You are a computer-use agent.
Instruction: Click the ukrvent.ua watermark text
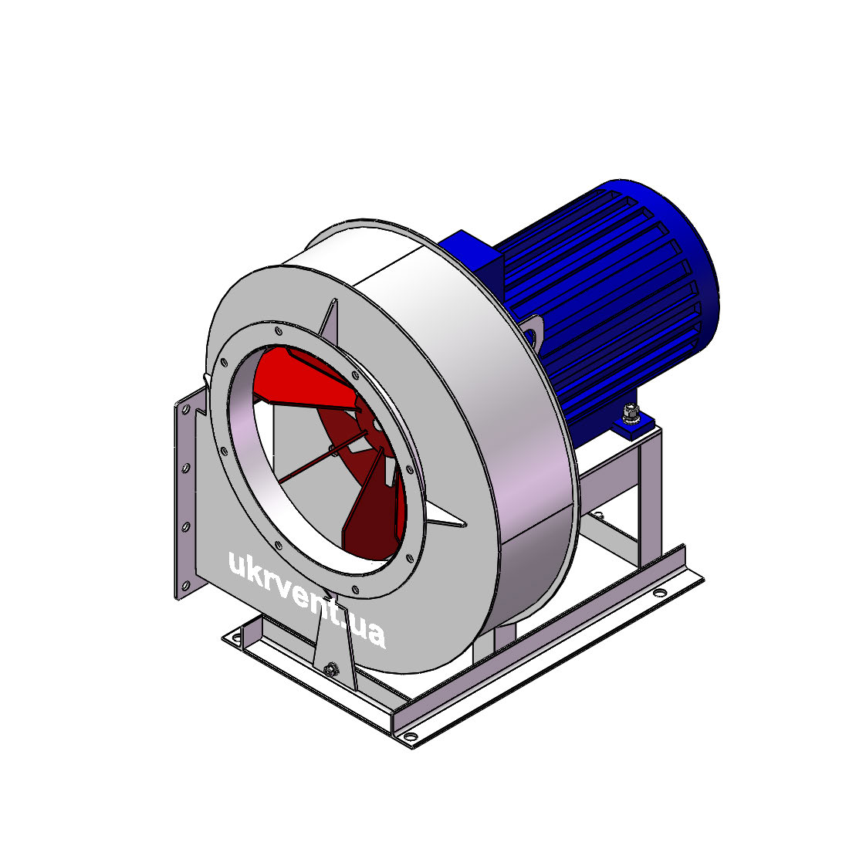pos(307,600)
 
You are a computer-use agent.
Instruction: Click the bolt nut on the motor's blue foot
pos(631,412)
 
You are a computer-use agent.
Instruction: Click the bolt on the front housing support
pos(331,669)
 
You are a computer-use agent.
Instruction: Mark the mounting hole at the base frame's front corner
pos(411,736)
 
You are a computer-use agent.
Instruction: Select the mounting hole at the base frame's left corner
pos(236,637)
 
